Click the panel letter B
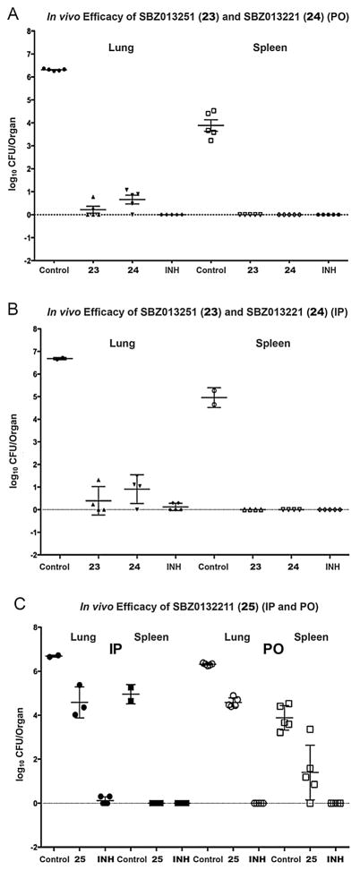click(x=9, y=305)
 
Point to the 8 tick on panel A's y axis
click(x=33, y=30)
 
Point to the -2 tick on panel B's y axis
click(x=31, y=555)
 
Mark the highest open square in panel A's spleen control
click(x=213, y=111)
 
